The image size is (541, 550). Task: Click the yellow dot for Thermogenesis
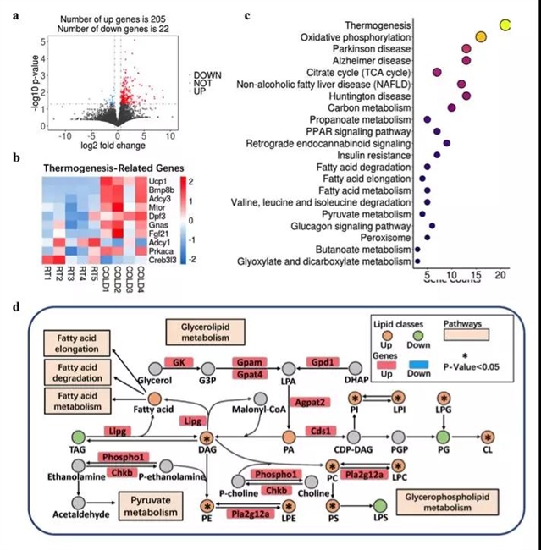coord(505,25)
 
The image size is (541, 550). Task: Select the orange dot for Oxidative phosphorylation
coord(481,37)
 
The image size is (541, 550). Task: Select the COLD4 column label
coord(141,277)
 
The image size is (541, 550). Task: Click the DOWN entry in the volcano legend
coord(208,75)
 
